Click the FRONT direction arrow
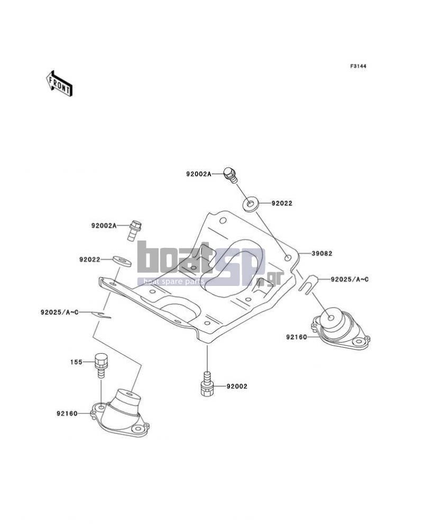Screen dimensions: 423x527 click(x=59, y=84)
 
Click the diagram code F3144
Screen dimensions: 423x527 click(x=358, y=66)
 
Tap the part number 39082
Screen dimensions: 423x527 click(x=322, y=253)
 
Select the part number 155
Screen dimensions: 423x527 click(x=76, y=362)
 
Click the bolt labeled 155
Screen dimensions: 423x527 click(x=100, y=366)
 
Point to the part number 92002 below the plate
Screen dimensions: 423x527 click(x=237, y=386)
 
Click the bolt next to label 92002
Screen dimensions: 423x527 click(x=207, y=383)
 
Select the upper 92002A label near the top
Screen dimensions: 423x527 click(x=199, y=174)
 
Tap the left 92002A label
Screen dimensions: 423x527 click(x=104, y=226)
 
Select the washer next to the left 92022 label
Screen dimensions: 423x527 click(x=122, y=261)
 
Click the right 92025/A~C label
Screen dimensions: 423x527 click(x=350, y=279)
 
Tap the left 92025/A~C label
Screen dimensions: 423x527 click(x=60, y=312)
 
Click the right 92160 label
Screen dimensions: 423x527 click(x=297, y=337)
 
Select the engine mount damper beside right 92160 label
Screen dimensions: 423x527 click(x=339, y=330)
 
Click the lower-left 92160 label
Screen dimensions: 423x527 click(x=67, y=414)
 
